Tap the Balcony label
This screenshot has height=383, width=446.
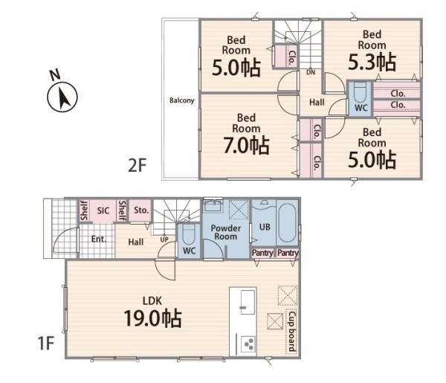[182, 100]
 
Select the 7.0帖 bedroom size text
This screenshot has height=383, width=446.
[246, 145]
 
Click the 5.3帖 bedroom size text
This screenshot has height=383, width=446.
[372, 62]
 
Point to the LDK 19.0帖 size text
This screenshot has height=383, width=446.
[152, 318]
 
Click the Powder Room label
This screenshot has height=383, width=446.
[225, 232]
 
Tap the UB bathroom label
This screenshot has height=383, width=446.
[265, 227]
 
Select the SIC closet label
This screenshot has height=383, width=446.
[103, 210]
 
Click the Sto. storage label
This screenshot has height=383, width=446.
[141, 210]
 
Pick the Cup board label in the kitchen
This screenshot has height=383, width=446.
[291, 332]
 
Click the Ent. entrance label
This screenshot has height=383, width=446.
[99, 239]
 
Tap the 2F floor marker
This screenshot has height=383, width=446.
[137, 165]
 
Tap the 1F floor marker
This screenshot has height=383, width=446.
[45, 343]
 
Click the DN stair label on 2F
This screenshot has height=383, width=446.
[311, 73]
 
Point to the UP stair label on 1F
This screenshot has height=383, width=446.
[164, 239]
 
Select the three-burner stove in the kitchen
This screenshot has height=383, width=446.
[248, 344]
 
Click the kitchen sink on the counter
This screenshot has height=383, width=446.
[248, 302]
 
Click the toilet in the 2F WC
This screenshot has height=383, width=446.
[360, 92]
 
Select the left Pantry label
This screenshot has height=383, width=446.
[262, 253]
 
